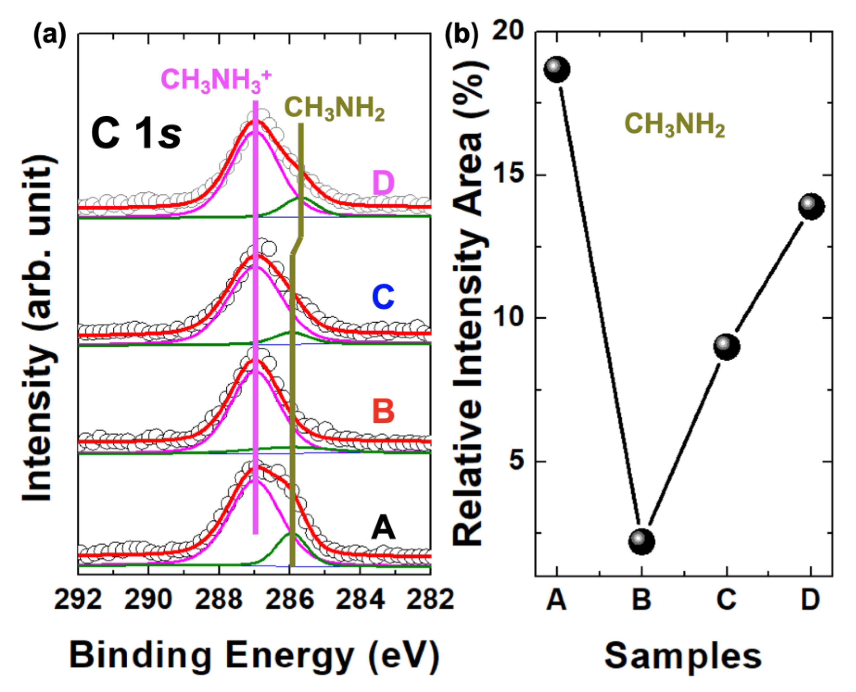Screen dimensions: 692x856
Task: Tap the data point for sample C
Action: pyautogui.click(x=726, y=347)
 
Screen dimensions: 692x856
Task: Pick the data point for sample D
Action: pyautogui.click(x=811, y=206)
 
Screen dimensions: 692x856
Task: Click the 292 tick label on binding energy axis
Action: pyautogui.click(x=78, y=599)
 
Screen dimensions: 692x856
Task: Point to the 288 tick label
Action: pyautogui.click(x=219, y=599)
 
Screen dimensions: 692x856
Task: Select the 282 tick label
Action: pyautogui.click(x=430, y=599)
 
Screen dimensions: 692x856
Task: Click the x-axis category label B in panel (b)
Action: pyautogui.click(x=642, y=599)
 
